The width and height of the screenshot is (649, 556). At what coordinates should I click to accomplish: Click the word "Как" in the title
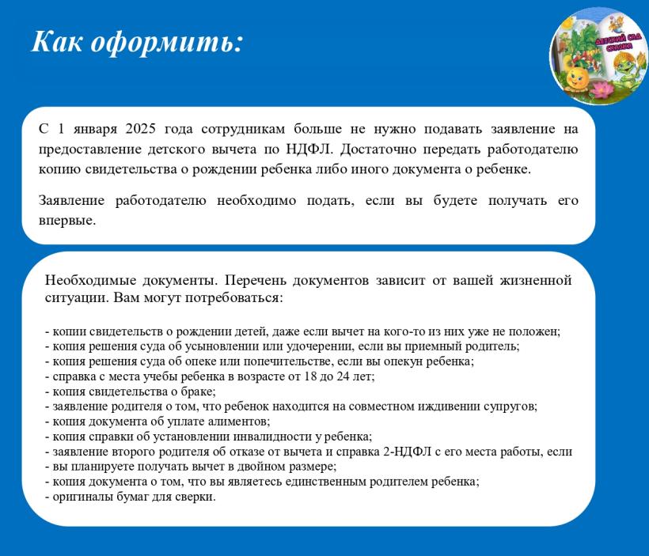click(57, 42)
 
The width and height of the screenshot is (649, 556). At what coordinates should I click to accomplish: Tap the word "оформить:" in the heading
click(166, 43)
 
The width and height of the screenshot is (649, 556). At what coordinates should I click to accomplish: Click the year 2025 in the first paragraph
click(140, 129)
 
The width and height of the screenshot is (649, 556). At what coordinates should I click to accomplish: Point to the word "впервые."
click(67, 221)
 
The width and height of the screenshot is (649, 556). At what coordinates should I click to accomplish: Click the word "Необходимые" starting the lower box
click(91, 281)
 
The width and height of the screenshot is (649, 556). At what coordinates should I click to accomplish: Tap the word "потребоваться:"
click(233, 298)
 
